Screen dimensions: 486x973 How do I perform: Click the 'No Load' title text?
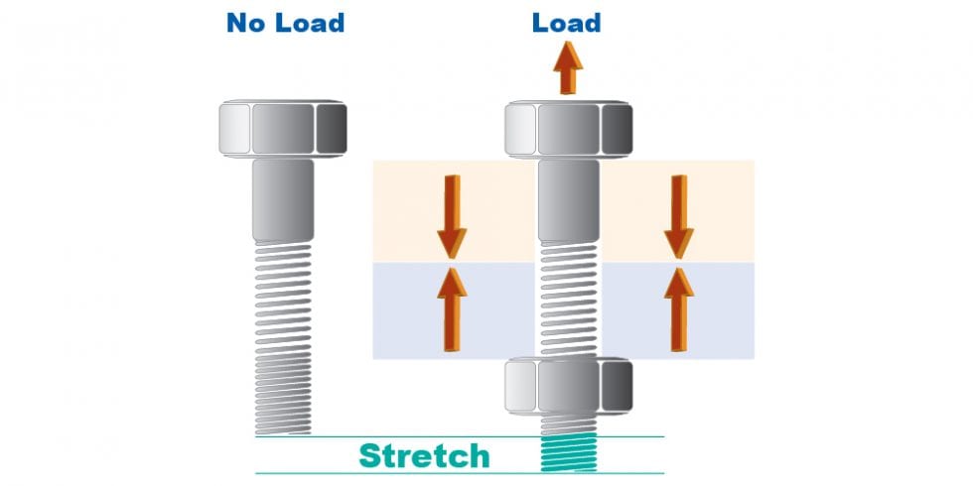(285, 22)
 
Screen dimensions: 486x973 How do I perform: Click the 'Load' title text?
(567, 22)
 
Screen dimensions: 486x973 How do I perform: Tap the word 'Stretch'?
(424, 455)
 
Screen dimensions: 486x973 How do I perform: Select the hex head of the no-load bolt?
(284, 130)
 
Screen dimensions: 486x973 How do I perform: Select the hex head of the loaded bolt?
(568, 130)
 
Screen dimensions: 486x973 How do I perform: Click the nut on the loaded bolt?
(568, 386)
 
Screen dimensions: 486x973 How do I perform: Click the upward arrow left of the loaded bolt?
(452, 307)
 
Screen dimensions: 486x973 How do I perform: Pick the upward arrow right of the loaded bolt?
(678, 307)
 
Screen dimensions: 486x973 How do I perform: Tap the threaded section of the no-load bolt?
(284, 337)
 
